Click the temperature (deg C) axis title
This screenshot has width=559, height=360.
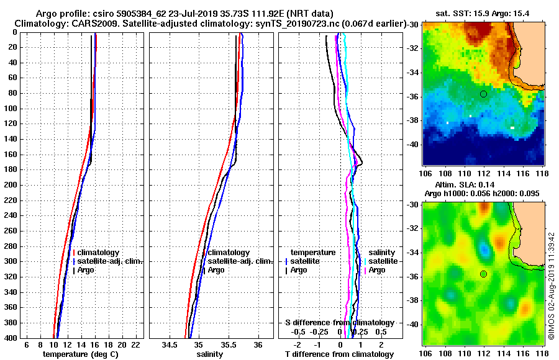(x=80, y=354)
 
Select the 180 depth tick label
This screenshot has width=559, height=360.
(x=11, y=169)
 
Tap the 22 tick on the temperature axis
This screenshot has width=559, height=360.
(x=136, y=344)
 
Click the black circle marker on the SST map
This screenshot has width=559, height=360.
(x=483, y=94)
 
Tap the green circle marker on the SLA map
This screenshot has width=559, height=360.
(x=483, y=274)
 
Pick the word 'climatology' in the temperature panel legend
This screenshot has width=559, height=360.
(x=99, y=253)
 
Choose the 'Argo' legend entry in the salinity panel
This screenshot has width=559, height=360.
(x=216, y=270)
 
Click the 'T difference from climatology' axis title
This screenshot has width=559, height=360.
(x=339, y=354)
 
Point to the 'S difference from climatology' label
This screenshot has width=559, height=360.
(x=339, y=323)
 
